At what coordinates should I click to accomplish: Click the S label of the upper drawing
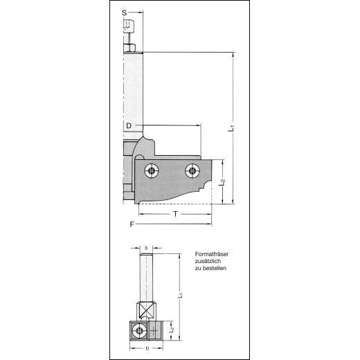124,13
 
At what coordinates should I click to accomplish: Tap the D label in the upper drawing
129,126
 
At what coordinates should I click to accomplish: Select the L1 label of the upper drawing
231,127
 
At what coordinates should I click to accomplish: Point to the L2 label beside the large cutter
222,182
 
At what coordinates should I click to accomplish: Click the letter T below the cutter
176,214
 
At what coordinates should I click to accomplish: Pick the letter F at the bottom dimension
132,224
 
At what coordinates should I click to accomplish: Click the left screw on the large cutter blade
152,171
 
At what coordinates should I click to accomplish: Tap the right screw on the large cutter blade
192,171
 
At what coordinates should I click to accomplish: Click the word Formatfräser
212,254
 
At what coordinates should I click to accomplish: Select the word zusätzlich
208,261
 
